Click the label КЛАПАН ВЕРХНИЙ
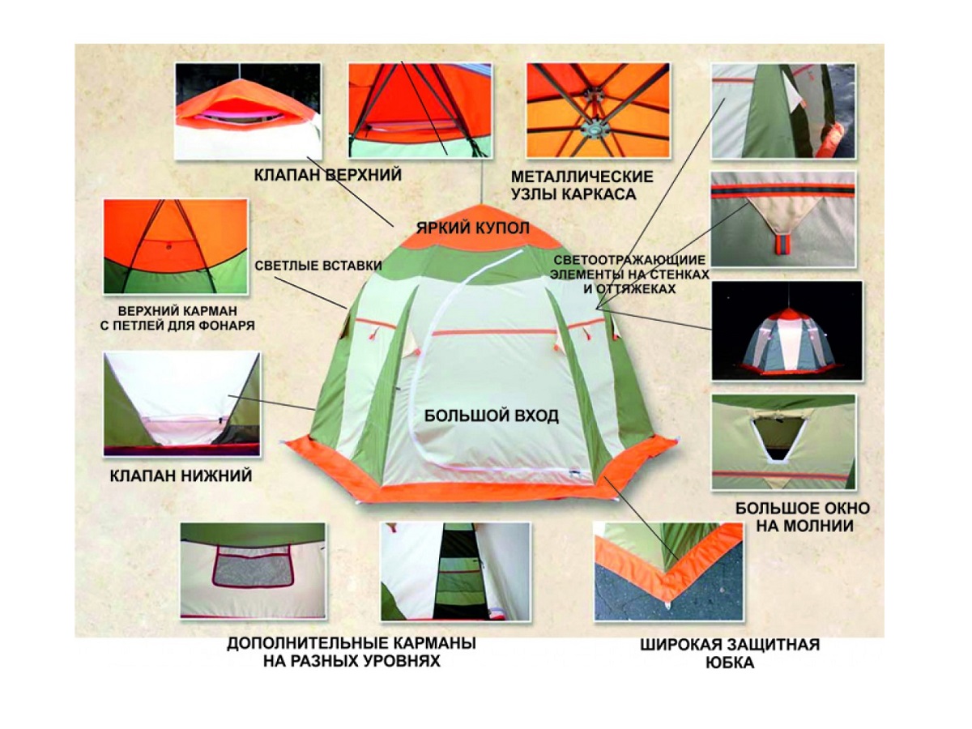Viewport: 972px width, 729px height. point(328,174)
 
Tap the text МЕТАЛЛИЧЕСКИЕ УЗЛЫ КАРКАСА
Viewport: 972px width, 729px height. point(582,185)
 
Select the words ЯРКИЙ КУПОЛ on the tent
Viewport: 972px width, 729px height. point(472,228)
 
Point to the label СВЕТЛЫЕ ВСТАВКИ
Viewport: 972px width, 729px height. point(318,266)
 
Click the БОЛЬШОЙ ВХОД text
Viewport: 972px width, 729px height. point(492,416)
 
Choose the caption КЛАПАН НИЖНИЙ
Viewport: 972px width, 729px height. point(181,475)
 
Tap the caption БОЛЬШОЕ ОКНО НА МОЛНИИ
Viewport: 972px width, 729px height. point(803,517)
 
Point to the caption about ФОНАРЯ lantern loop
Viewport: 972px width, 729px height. point(177,318)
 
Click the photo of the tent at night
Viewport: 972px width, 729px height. point(787,330)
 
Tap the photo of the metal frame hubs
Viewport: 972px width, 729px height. point(598,110)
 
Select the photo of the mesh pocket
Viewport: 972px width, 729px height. point(253,570)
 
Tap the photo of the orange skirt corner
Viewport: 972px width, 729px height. point(668,571)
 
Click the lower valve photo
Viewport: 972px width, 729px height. point(181,403)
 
